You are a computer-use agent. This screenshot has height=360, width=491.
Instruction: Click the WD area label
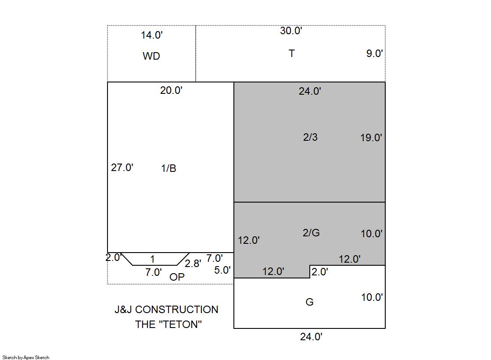coord(151,56)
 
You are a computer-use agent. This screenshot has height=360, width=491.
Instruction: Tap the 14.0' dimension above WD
coord(151,35)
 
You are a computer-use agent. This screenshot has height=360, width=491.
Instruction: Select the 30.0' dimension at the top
coord(291,31)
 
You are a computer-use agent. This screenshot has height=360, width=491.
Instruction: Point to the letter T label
coord(291,53)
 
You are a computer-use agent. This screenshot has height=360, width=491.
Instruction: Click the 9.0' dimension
coord(375,53)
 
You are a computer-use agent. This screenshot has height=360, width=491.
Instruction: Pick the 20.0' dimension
coord(171,90)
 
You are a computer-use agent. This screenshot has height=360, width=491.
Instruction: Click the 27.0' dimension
coord(122,168)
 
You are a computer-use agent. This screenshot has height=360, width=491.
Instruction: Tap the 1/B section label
coord(168,168)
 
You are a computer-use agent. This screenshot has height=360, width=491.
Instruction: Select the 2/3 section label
coord(310,137)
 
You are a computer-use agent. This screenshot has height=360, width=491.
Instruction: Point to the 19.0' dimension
coord(371,137)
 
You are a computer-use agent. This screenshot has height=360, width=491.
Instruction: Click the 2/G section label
coord(311,232)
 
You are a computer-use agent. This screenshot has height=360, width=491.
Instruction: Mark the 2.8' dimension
coord(193,264)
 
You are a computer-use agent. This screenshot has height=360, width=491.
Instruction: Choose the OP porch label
coord(177,277)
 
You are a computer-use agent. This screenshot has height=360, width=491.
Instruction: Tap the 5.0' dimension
coord(222,270)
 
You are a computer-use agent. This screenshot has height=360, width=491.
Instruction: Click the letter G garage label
coord(309,302)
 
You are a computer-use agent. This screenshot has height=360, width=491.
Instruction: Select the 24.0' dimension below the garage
coord(311,336)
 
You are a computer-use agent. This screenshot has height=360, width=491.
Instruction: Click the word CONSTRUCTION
coord(176,310)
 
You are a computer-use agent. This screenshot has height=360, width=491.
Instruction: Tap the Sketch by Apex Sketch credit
coord(26,357)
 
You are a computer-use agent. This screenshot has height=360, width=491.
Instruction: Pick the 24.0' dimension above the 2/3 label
coord(310,91)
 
